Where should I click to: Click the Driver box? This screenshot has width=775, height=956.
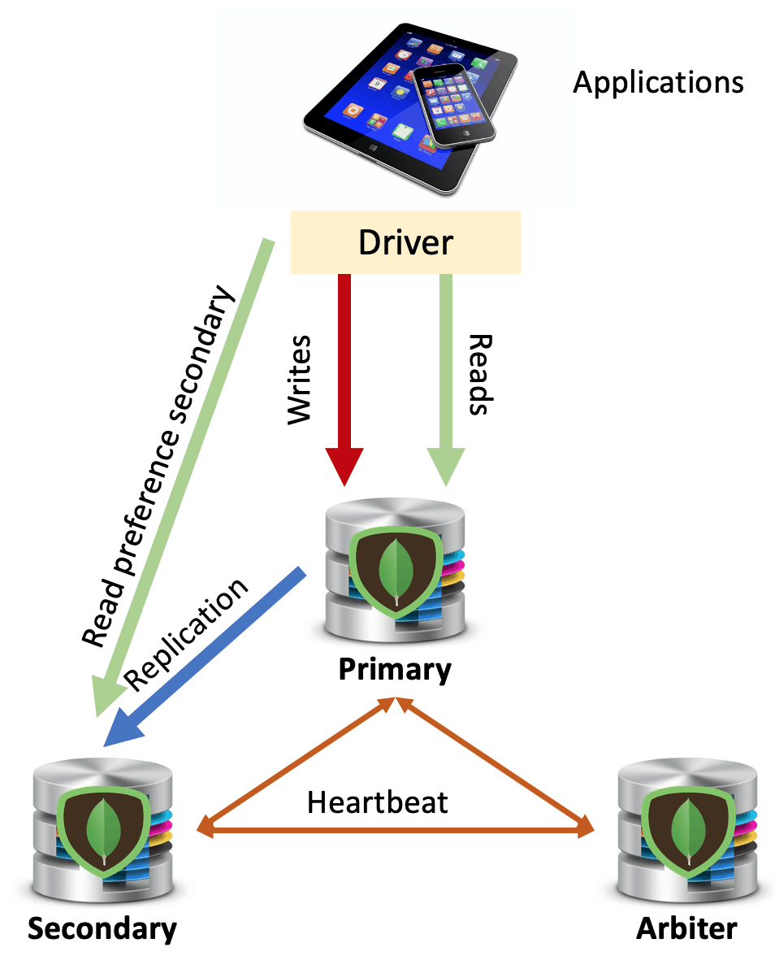[405, 242]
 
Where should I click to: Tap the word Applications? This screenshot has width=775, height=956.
[658, 82]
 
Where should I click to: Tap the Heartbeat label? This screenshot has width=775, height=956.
[377, 802]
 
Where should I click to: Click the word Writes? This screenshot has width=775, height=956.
[300, 378]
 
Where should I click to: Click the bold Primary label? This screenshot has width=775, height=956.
[395, 670]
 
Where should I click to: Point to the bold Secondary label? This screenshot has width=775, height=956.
[102, 928]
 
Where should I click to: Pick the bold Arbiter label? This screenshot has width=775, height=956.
[686, 928]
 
